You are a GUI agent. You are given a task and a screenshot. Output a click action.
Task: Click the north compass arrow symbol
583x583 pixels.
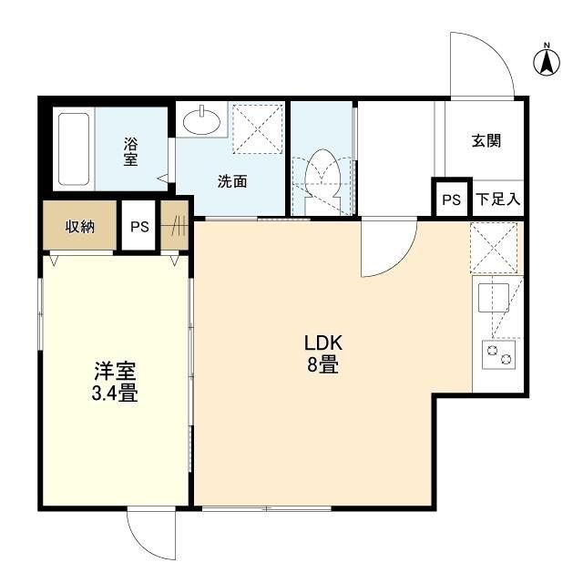point(547,62)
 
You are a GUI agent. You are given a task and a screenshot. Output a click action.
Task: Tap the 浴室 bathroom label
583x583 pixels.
point(130,151)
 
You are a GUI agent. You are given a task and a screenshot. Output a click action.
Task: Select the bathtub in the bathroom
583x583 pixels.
point(74,149)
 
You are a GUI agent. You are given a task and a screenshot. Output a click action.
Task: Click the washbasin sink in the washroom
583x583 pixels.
point(202,120)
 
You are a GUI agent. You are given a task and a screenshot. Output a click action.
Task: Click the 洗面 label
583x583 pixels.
point(232,181)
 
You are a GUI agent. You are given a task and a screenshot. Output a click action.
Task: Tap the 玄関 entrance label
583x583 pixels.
point(486,141)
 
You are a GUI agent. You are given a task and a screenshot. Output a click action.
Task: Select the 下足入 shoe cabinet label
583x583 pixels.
point(498,199)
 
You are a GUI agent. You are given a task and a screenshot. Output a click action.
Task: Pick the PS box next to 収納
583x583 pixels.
point(139,226)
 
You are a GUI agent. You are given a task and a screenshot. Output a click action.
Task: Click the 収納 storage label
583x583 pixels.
point(80,226)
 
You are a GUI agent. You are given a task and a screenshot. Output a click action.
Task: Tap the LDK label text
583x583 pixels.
point(323,343)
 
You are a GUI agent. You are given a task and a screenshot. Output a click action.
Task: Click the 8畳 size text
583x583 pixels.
point(322,364)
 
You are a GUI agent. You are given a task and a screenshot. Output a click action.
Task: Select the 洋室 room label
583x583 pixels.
point(115,371)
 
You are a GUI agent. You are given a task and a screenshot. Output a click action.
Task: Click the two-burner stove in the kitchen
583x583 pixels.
point(498,354)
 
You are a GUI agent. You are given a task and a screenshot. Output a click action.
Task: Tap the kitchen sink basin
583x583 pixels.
point(494,298)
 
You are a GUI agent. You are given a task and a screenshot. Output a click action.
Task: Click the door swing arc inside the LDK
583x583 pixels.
point(401,261)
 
